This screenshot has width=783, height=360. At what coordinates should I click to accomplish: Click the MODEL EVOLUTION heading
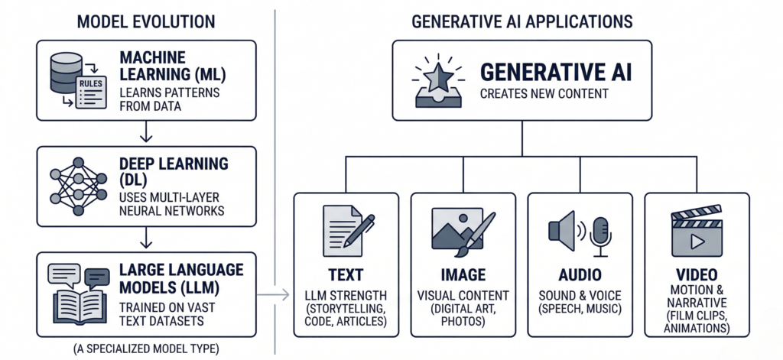point(145,21)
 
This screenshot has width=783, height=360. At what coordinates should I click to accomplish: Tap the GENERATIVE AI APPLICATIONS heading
point(522,21)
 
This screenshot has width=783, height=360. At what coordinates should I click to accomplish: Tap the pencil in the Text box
point(359,230)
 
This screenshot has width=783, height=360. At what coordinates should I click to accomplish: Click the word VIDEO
point(697,274)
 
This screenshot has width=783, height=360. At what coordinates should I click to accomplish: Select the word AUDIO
point(580,274)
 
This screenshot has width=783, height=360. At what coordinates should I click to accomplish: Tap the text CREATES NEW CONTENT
point(534,95)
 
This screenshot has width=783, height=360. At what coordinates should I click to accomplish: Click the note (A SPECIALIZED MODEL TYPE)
point(145,349)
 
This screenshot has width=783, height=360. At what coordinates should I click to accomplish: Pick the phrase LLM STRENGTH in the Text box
point(345,295)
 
